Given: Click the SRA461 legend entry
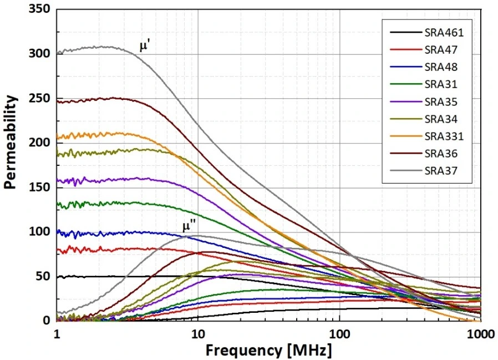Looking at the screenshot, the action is [444, 33].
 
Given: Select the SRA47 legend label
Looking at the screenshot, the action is [441, 50].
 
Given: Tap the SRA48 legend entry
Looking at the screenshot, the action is [441, 67].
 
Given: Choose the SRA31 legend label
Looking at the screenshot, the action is [441, 84].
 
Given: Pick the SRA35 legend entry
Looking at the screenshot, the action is [441, 102].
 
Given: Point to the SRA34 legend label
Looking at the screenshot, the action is [441, 119].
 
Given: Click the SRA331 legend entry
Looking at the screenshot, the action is [444, 136].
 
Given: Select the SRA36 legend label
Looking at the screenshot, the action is [441, 154].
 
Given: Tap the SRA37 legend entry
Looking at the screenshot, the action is [441, 171].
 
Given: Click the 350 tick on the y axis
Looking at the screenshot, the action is [40, 9].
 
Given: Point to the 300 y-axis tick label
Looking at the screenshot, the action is [40, 53].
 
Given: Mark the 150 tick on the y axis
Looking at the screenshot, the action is [40, 187].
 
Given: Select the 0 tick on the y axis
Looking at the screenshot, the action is [47, 320].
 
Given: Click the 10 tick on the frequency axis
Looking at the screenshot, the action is [197, 334].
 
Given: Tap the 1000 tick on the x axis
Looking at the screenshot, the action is [481, 334].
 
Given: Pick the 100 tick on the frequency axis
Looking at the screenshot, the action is [339, 334].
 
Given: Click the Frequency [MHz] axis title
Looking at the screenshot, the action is [269, 351].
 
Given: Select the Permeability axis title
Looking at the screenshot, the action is [10, 142].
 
